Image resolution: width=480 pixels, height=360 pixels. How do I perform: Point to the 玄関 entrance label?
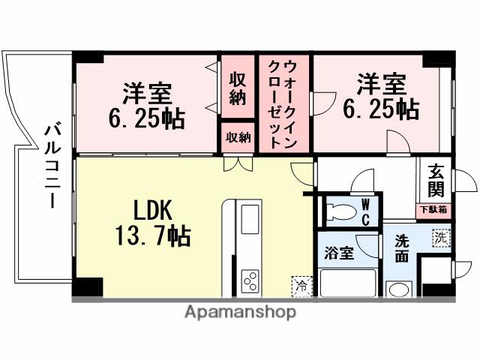coord(436,181)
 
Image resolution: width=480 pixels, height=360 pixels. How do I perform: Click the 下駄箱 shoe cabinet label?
coord(433,209)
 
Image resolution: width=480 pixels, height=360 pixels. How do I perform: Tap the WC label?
coord(365,211)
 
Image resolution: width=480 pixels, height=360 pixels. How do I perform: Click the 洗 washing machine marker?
coord(440,238)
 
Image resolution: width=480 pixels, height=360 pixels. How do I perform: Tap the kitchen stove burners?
coord(249,283)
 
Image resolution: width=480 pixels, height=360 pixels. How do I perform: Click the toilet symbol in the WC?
coord(337,211)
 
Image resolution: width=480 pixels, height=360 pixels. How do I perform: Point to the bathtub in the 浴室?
coord(348,283)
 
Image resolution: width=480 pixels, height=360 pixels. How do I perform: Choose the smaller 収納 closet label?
coord(238,138)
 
